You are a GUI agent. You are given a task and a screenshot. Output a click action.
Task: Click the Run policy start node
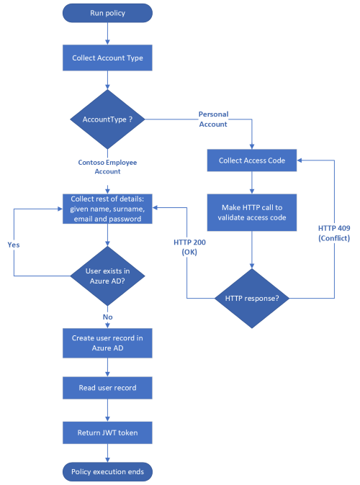click(107, 12)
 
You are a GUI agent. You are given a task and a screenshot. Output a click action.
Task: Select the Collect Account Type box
click(107, 58)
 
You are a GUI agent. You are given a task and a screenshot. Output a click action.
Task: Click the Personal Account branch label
click(212, 119)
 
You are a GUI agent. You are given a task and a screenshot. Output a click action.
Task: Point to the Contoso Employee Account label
click(107, 167)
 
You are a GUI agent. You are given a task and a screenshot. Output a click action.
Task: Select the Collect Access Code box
click(252, 160)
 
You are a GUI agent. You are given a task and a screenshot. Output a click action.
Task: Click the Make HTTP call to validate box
click(252, 212)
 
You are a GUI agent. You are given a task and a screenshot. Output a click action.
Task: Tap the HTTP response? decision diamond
click(252, 296)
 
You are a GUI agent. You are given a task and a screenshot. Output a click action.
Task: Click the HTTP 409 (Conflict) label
click(333, 232)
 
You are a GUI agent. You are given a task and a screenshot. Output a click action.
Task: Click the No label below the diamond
click(107, 316)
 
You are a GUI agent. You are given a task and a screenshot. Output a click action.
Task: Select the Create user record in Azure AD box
click(107, 343)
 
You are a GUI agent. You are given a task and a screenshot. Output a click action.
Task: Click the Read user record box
click(107, 388)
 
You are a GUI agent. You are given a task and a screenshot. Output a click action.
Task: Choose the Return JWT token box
click(107, 432)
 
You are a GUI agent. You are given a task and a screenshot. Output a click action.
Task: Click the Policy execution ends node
click(107, 472)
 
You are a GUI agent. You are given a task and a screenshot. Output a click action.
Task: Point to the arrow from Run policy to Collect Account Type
click(107, 32)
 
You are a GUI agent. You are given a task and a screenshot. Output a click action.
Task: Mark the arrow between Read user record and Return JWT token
click(107, 410)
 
